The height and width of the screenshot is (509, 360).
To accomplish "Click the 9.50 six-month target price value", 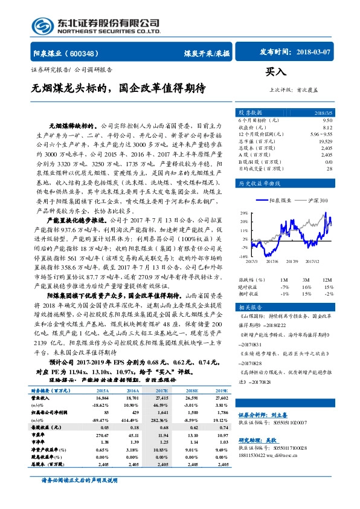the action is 327,121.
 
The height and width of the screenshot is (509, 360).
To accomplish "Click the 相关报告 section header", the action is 250,308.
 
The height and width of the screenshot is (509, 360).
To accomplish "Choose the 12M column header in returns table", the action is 328,280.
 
